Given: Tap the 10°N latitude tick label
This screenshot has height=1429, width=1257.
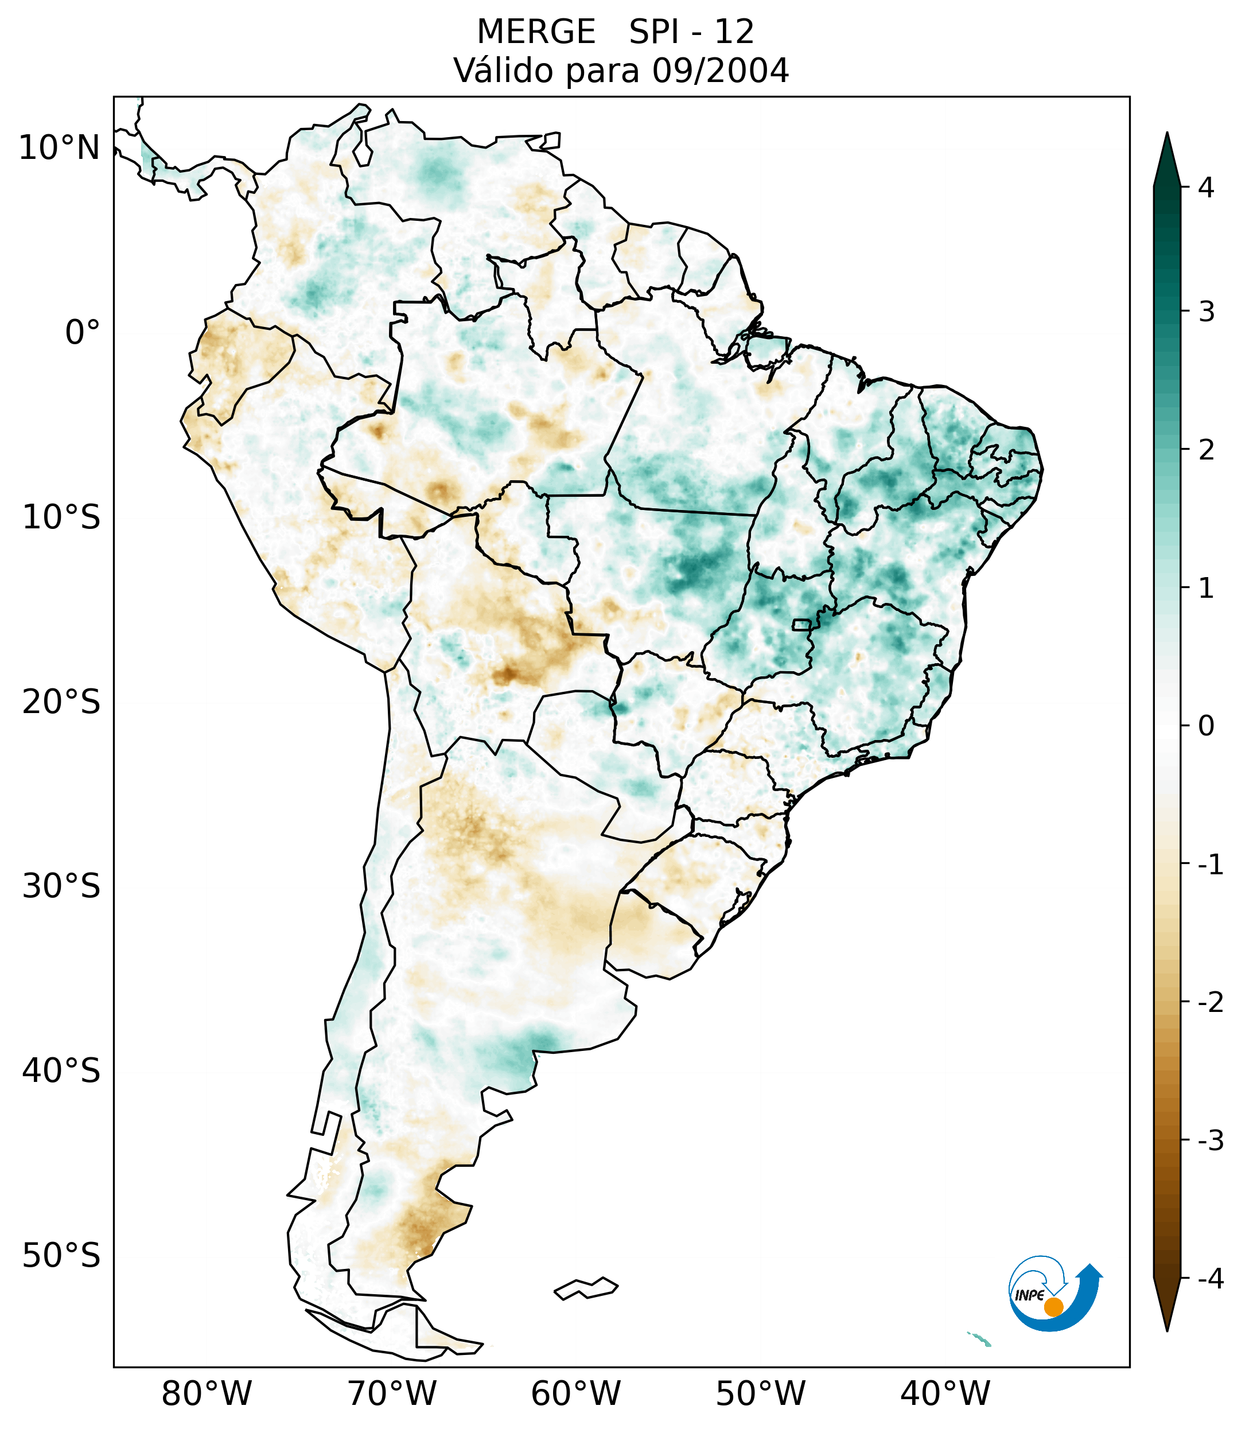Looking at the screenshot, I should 60,148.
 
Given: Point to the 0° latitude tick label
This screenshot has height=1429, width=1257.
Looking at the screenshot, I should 83,333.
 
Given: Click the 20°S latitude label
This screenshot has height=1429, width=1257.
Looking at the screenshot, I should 61,702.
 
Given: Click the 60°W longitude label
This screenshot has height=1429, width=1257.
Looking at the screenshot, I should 575,1393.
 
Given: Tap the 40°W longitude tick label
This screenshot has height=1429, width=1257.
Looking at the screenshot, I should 945,1393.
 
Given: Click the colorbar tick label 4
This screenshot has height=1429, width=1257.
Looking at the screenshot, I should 1206,188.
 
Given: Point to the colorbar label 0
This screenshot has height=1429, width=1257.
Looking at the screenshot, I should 1206,726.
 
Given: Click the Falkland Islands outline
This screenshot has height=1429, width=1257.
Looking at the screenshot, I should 586,1288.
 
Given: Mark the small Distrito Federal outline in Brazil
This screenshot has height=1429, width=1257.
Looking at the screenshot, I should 802,624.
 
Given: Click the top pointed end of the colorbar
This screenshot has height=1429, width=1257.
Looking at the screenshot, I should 1167,137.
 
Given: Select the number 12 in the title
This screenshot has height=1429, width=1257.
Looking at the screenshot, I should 734,32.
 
